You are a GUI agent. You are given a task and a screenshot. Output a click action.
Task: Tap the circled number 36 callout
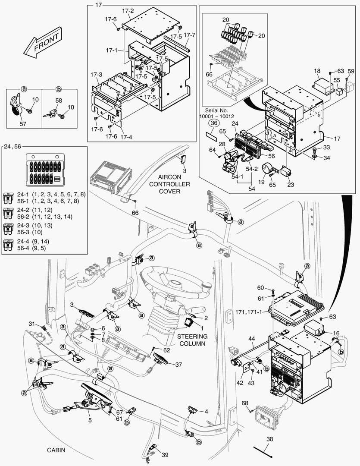pyautogui.click(x=213, y=123)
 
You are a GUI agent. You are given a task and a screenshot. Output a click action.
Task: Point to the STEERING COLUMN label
pyautogui.click(x=192, y=340)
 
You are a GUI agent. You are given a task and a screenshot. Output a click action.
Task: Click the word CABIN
pyautogui.click(x=56, y=450)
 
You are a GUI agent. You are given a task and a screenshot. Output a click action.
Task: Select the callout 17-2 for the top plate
pyautogui.click(x=128, y=11)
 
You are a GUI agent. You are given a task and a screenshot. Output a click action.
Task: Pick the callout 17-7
pyautogui.click(x=190, y=35)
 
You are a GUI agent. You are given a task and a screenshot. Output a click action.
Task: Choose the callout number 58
pyautogui.click(x=59, y=101)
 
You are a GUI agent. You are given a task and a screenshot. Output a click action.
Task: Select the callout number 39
pyautogui.click(x=165, y=455)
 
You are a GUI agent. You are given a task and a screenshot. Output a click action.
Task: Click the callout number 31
pyautogui.click(x=32, y=324)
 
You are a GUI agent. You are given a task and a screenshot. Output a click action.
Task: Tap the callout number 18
pyautogui.click(x=317, y=70)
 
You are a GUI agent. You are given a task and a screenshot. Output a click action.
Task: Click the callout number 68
pyautogui.click(x=245, y=403)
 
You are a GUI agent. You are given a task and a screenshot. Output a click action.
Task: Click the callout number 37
pyautogui.click(x=178, y=365)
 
